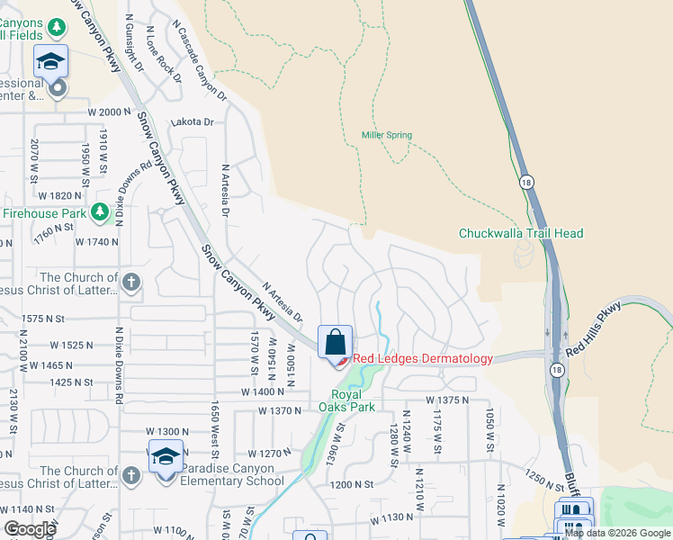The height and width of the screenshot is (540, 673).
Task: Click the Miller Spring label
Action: pos(387,136)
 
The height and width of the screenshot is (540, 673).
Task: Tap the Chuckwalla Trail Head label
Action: pos(521,234)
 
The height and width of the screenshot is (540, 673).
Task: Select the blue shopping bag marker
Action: pos(335,342)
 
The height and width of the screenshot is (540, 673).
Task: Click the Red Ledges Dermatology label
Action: pos(422,358)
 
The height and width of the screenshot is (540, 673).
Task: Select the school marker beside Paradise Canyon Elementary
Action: pos(166,458)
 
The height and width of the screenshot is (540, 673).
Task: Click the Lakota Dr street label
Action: pos(195,121)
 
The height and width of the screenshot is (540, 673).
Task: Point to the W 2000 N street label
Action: pos(110,112)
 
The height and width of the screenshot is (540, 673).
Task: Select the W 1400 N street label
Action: pos(262,392)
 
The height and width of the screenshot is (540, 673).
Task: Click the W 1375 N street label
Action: pos(449,400)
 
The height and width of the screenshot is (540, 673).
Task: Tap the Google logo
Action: pos(31,529)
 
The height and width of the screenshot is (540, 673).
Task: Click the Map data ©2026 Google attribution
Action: pos(617,533)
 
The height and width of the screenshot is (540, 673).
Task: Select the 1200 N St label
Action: pos(351,484)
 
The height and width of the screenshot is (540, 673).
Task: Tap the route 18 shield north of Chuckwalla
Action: pos(524,182)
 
